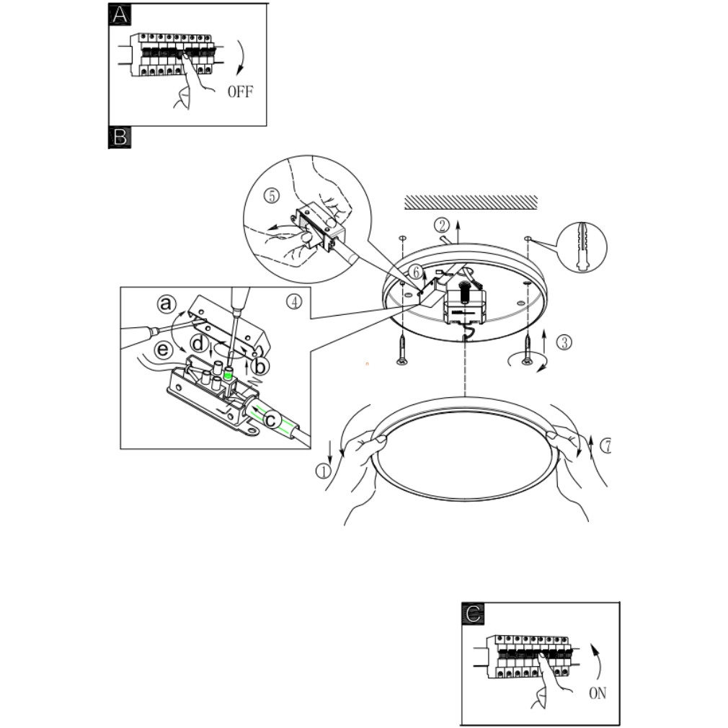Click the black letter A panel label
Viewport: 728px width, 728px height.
[119, 14]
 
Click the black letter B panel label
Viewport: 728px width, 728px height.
[119, 137]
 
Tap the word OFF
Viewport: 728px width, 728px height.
[241, 92]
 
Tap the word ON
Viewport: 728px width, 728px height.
[598, 693]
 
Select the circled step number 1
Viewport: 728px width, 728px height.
[322, 471]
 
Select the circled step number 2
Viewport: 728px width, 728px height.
[443, 224]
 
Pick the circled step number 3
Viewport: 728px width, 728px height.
[565, 342]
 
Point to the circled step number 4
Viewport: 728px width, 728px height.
[293, 302]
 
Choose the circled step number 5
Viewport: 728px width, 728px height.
[271, 195]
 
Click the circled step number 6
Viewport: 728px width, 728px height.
[414, 272]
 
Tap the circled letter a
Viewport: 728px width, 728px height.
[167, 305]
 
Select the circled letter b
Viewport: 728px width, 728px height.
[260, 367]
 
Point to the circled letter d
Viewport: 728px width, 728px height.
[198, 344]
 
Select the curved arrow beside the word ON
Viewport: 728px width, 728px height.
[596, 659]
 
